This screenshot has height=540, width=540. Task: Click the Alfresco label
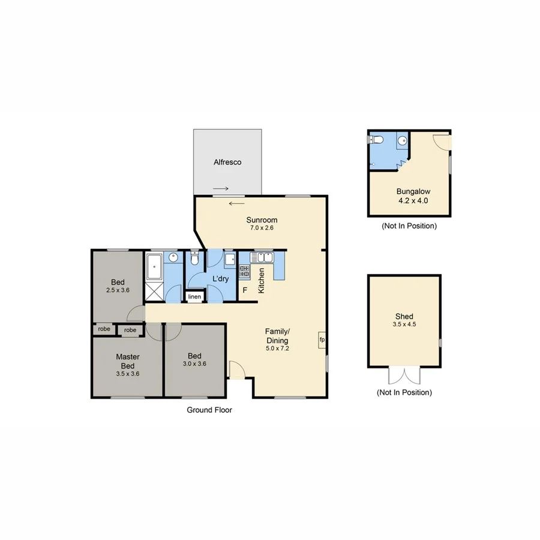[x=227, y=162]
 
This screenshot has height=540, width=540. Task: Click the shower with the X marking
[x=154, y=292]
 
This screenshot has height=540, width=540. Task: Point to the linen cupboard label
[x=194, y=297]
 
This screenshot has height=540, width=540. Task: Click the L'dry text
[x=219, y=279]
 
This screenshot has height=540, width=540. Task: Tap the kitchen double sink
[x=262, y=258]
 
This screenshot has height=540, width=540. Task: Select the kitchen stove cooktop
[x=244, y=271]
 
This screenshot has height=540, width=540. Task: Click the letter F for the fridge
[x=244, y=291]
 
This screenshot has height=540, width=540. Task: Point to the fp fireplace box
[x=322, y=340]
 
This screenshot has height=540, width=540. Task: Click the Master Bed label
[x=127, y=361]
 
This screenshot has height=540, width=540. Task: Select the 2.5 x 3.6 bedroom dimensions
[x=117, y=290]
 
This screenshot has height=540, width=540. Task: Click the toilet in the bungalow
[x=377, y=140]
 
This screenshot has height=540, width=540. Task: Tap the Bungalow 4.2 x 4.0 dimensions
[x=408, y=200]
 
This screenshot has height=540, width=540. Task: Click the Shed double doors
[x=404, y=376]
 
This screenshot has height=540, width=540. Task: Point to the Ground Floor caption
[x=209, y=410]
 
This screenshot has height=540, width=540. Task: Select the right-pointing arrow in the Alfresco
[x=220, y=188]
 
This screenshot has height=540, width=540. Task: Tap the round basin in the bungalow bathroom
[x=402, y=141]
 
